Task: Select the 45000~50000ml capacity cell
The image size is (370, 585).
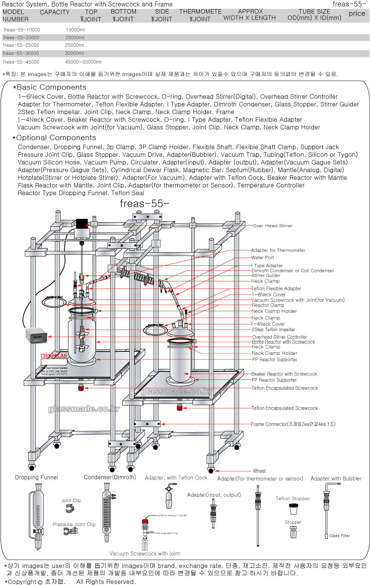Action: (x=84, y=62)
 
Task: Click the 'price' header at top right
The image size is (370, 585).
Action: (x=356, y=14)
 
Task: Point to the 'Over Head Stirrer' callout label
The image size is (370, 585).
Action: (x=272, y=226)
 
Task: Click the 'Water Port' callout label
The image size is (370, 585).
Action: (x=263, y=258)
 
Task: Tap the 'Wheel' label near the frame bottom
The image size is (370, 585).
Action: (x=259, y=471)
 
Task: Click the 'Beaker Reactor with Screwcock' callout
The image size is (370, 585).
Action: (x=284, y=374)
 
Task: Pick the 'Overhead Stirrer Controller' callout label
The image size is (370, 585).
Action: (x=279, y=337)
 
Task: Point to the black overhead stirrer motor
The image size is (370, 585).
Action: (x=82, y=223)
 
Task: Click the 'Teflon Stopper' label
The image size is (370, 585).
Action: (x=292, y=499)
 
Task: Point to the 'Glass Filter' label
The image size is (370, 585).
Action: (x=339, y=536)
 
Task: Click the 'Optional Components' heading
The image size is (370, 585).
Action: (x=54, y=138)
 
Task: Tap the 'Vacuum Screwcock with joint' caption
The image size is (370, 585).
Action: (x=144, y=553)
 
